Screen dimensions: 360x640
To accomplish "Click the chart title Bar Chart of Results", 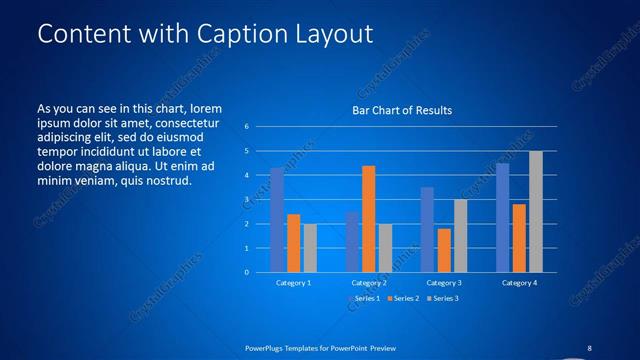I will tap(401, 109).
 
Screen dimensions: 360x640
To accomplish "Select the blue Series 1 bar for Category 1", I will tap(277, 220).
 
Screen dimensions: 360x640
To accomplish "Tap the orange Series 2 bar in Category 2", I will tap(368, 219).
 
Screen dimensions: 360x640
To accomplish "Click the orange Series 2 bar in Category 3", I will tap(443, 250).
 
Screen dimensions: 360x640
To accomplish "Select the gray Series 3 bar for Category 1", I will tap(310, 248).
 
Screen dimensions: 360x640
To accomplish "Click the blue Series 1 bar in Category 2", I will tap(352, 242).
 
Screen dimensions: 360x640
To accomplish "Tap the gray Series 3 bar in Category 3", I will tap(460, 236).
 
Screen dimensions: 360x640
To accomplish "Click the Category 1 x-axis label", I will tap(293, 283).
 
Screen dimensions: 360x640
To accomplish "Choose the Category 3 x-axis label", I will tap(443, 283).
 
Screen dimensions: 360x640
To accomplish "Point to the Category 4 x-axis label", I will tap(518, 283).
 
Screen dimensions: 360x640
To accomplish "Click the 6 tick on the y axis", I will tap(246, 127).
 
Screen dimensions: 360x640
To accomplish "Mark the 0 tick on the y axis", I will tap(246, 272).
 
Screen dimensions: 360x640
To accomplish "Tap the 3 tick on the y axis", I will tap(246, 200).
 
